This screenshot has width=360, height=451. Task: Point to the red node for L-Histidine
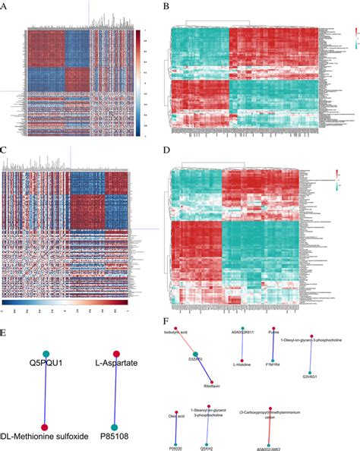click(x=242, y=360)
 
